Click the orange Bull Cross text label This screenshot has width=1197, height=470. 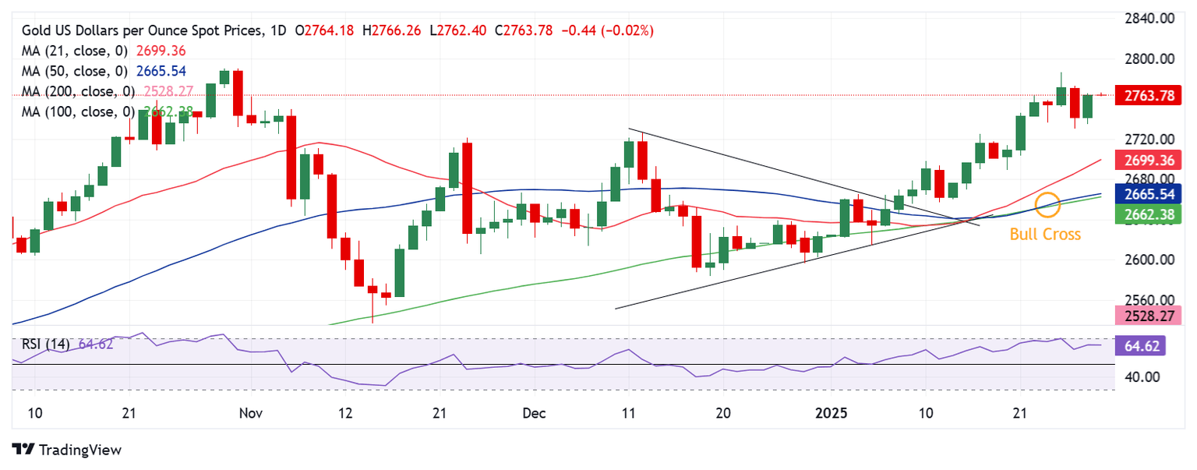[1045, 234]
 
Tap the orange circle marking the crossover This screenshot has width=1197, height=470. [1048, 204]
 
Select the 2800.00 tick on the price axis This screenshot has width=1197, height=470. [1150, 59]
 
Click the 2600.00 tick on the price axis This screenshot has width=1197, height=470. [1150, 260]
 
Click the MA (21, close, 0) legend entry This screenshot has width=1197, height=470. [75, 51]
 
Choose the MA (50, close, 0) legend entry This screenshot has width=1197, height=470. [75, 71]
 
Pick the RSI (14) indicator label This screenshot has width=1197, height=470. [45, 344]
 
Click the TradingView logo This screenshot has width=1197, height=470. [67, 450]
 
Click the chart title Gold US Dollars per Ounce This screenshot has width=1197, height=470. [140, 30]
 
